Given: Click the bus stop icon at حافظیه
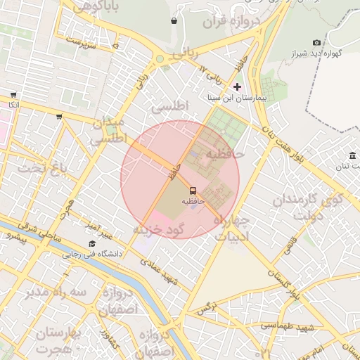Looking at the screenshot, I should click(x=193, y=190).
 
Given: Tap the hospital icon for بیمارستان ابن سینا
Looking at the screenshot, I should click(x=237, y=87).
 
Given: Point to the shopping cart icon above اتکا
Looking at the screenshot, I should click(x=13, y=95).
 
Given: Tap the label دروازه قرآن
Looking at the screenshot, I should click(x=232, y=22).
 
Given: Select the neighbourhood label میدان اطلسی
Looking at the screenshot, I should click(x=108, y=131).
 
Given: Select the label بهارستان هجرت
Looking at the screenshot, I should click(x=60, y=340).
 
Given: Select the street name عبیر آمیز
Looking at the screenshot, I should click(x=95, y=228).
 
